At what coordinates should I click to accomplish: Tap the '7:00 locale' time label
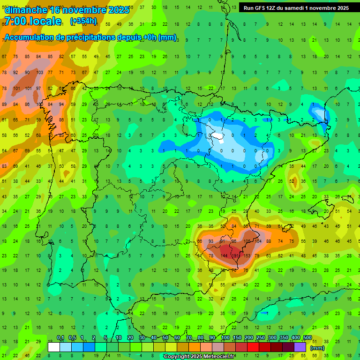[x=32, y=21]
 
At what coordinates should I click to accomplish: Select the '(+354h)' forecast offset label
[x=83, y=21]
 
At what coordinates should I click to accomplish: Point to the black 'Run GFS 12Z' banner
[x=296, y=8]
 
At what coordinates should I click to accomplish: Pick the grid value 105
[x=246, y=241]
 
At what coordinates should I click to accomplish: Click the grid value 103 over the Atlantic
[x=39, y=73]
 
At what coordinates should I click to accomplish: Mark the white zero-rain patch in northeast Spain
[x=217, y=136]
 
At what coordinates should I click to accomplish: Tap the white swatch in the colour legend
[x=54, y=347]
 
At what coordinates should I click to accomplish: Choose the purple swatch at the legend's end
[x=300, y=347]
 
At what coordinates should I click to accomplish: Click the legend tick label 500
[x=307, y=338]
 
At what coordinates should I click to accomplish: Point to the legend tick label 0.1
[x=60, y=338]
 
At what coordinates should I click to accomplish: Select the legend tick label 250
[x=260, y=338]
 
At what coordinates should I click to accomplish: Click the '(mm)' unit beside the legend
[x=317, y=348]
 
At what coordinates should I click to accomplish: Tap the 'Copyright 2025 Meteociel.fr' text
[x=199, y=357]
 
